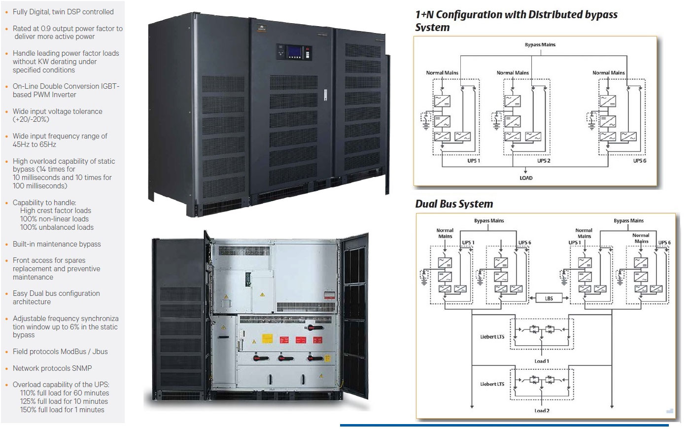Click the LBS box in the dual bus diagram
click(x=549, y=298)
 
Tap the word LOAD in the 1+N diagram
click(x=526, y=178)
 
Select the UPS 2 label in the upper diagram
click(x=544, y=161)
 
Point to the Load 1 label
click(x=542, y=361)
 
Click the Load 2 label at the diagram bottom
click(x=542, y=410)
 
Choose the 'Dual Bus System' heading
click(x=454, y=204)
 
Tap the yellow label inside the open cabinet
click(x=267, y=339)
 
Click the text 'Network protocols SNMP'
click(x=52, y=368)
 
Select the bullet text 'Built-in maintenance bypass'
click(x=57, y=244)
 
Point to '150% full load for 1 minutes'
click(x=62, y=410)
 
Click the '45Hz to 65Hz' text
click(x=35, y=144)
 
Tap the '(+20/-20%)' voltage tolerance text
click(x=31, y=119)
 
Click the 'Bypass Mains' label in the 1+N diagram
click(x=540, y=45)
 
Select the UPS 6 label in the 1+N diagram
click(x=639, y=161)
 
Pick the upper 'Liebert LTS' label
click(x=492, y=337)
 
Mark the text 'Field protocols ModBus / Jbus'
click(x=60, y=352)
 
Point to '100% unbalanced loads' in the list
click(x=57, y=227)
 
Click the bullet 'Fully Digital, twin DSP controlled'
click(x=63, y=12)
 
